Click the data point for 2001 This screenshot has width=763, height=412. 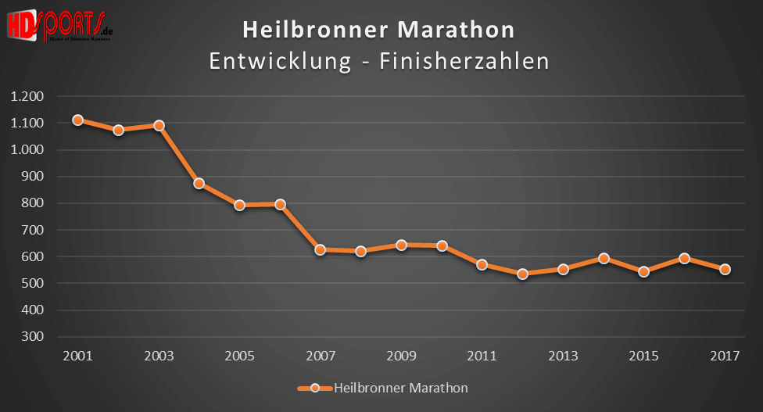pos(77,120)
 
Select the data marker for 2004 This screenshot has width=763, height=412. pos(199,184)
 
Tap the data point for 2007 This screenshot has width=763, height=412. pos(320,250)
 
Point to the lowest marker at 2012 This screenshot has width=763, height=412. pos(522,274)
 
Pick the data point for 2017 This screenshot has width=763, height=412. pos(725,270)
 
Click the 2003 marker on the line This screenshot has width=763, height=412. pos(159,125)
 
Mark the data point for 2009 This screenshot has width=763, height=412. pos(401,245)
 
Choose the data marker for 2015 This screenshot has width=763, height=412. pos(643,272)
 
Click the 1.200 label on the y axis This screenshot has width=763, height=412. pos(27,97)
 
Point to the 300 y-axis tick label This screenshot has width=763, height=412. pos(34,337)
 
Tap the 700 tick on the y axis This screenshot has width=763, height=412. pos(34,231)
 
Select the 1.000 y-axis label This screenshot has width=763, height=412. pos(27,150)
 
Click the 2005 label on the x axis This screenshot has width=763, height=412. pos(239,356)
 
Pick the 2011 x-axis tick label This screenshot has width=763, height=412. pos(482,356)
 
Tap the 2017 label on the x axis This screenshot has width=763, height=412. pos(725,356)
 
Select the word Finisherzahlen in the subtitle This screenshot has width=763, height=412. pos(464,61)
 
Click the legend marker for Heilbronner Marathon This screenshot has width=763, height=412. pos(314,388)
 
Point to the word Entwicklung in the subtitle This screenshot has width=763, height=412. pos(279,61)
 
